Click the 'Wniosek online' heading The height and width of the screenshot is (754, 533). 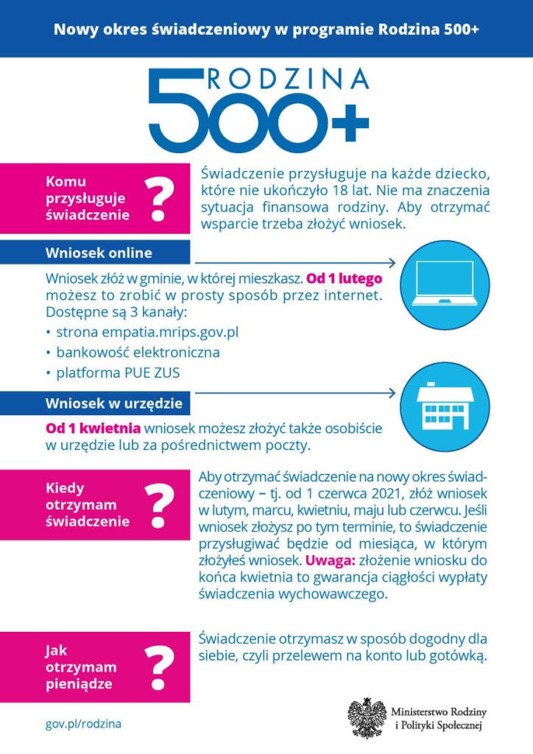point(99,253)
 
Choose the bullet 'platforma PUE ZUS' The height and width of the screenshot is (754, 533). point(117,373)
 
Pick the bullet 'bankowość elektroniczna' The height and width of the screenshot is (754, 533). point(137,352)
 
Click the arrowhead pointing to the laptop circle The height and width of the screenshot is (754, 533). point(391,263)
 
